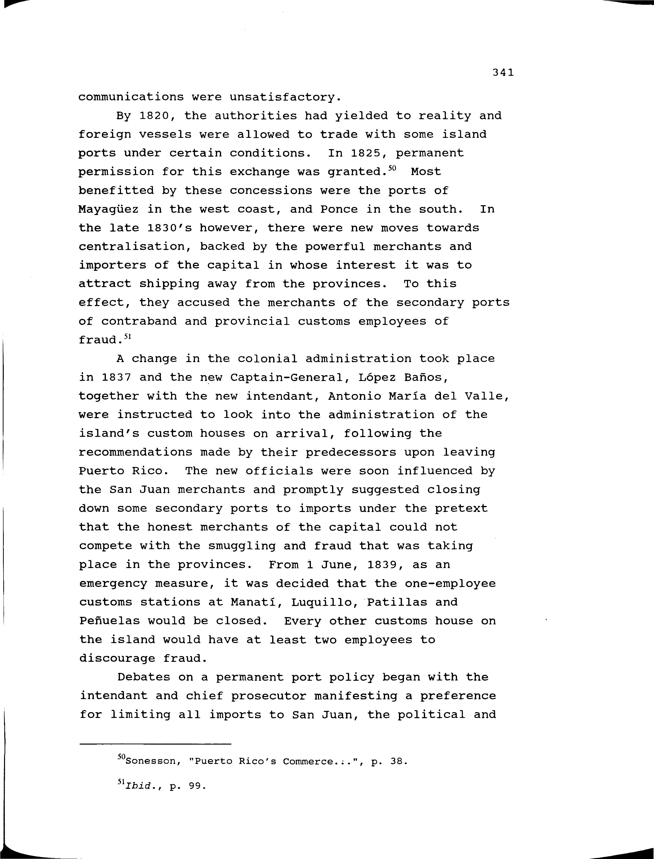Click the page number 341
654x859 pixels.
(503, 72)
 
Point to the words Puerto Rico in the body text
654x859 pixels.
(124, 471)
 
